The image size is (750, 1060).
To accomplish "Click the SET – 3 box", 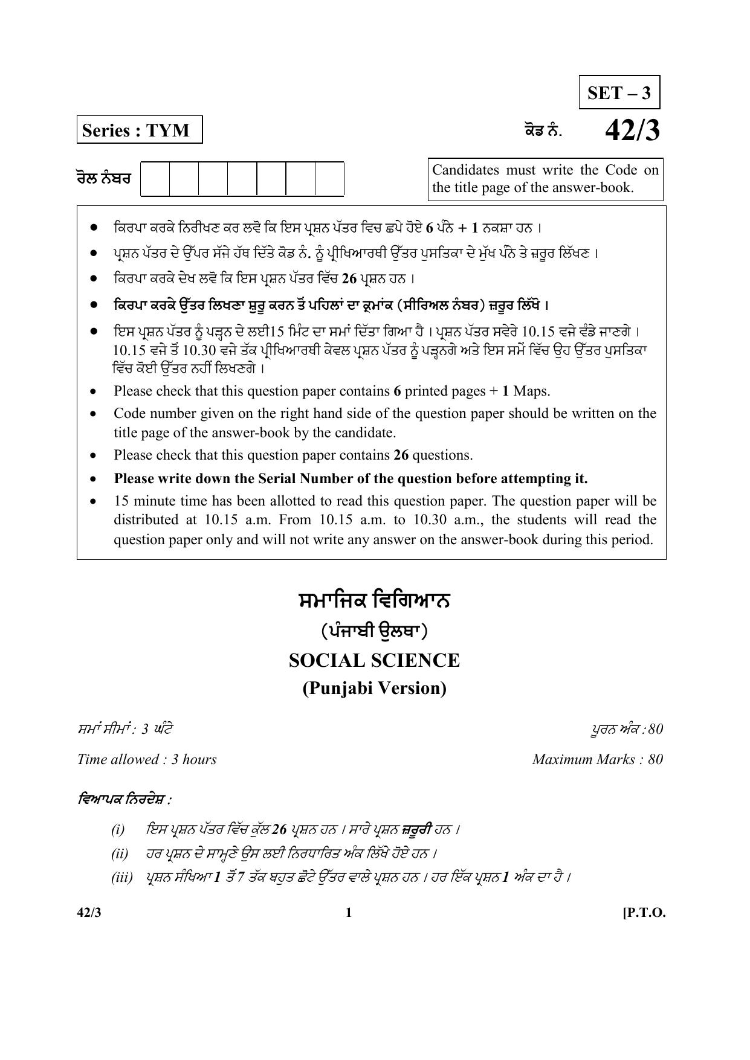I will tap(619, 92).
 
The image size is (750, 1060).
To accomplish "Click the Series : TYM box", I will tap(139, 130).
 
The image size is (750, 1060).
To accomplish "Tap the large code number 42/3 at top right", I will tap(632, 130).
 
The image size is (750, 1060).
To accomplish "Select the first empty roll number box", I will tap(155, 179).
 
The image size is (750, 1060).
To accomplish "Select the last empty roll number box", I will tap(329, 179).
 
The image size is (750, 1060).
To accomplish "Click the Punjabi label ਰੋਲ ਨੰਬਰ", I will tap(103, 179).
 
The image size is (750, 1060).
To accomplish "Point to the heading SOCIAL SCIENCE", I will tap(374, 660).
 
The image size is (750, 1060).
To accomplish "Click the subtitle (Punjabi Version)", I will tap(374, 688).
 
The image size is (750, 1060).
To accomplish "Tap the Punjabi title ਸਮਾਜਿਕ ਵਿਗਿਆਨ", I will tap(374, 601).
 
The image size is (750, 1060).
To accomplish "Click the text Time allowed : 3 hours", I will tap(147, 759).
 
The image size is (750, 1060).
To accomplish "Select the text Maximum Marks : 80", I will tap(597, 759).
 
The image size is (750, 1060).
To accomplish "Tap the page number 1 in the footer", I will tap(348, 913).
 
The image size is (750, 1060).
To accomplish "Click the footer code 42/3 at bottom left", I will tap(89, 913).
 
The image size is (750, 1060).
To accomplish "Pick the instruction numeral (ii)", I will tap(120, 853).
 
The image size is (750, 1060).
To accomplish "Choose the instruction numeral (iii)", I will tap(121, 877).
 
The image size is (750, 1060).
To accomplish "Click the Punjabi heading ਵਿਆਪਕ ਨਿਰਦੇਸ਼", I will tap(124, 800).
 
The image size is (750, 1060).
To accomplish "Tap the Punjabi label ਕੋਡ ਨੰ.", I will tap(543, 130).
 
